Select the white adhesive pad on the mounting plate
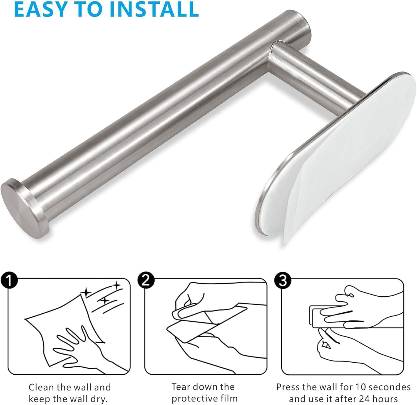[334, 139]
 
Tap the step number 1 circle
[9, 281]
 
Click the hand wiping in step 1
[72, 345]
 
